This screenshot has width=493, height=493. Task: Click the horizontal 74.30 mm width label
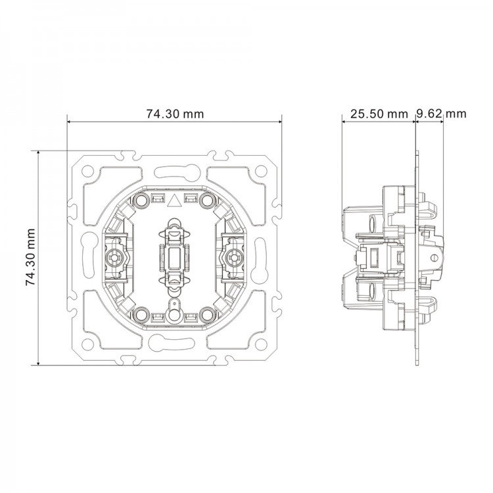click(175, 114)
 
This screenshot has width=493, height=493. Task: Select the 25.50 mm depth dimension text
click(379, 114)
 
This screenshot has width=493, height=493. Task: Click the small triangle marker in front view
click(175, 200)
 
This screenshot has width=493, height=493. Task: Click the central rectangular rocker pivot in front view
click(174, 257)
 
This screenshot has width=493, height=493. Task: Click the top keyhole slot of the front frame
click(174, 173)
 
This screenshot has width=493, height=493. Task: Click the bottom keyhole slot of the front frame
click(174, 341)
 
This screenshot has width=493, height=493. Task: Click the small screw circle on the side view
click(433, 257)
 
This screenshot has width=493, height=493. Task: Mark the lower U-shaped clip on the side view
click(429, 304)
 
